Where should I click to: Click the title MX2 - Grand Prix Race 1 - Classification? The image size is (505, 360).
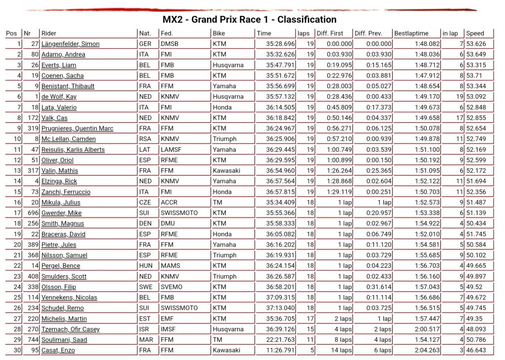[250, 20]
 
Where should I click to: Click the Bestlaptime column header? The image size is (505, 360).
[411, 34]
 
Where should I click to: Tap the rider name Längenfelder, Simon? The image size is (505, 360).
[71, 44]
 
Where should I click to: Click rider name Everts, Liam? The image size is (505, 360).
[59, 65]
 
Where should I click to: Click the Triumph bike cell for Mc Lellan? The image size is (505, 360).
[224, 139]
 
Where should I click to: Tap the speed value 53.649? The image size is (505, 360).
[476, 54]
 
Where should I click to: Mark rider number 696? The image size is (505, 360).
[32, 213]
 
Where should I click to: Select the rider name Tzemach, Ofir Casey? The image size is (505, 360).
[71, 329]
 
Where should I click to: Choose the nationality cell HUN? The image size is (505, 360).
[145, 266]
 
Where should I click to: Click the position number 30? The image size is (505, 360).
[17, 350]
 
